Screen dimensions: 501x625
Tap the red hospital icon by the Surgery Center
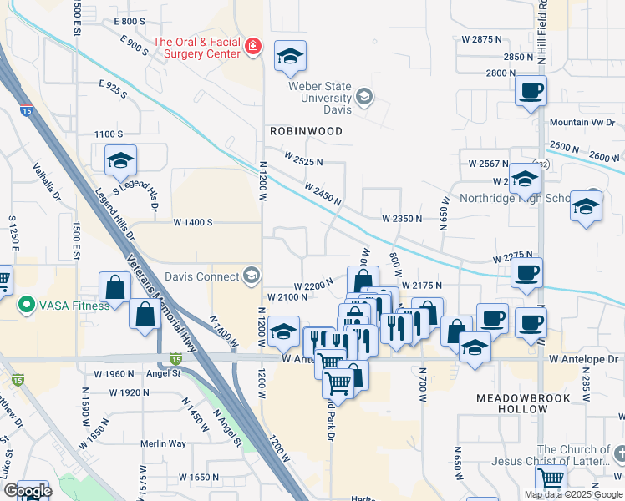(252, 48)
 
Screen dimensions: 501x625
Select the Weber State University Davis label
(322, 99)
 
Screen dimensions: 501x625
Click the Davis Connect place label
(201, 276)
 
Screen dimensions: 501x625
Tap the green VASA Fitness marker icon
(27, 306)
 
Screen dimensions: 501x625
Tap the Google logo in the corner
(27, 491)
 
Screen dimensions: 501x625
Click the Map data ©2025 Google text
(573, 494)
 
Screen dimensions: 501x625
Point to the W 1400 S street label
(194, 223)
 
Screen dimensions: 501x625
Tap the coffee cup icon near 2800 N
(531, 90)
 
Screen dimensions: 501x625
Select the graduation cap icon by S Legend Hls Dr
(120, 160)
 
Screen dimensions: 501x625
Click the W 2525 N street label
(302, 159)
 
